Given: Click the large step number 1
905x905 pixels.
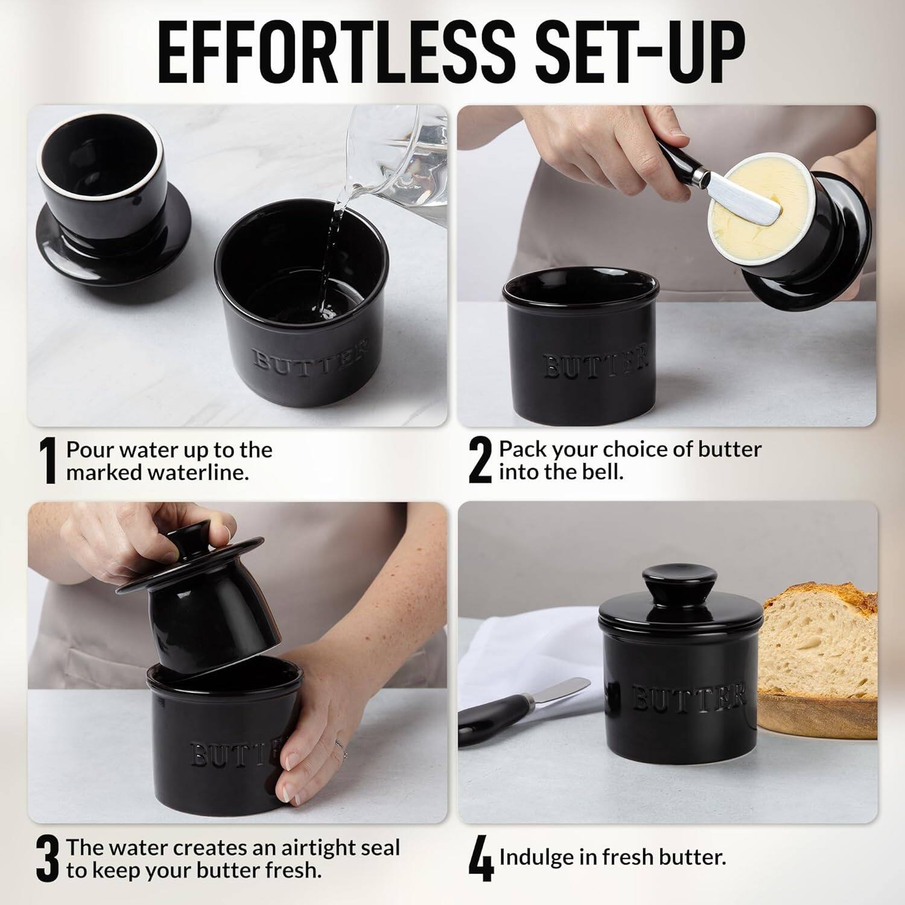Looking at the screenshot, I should point(48,462).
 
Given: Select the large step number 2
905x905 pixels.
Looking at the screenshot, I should point(480,462).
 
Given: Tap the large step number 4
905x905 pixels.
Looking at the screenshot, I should point(481,859).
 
